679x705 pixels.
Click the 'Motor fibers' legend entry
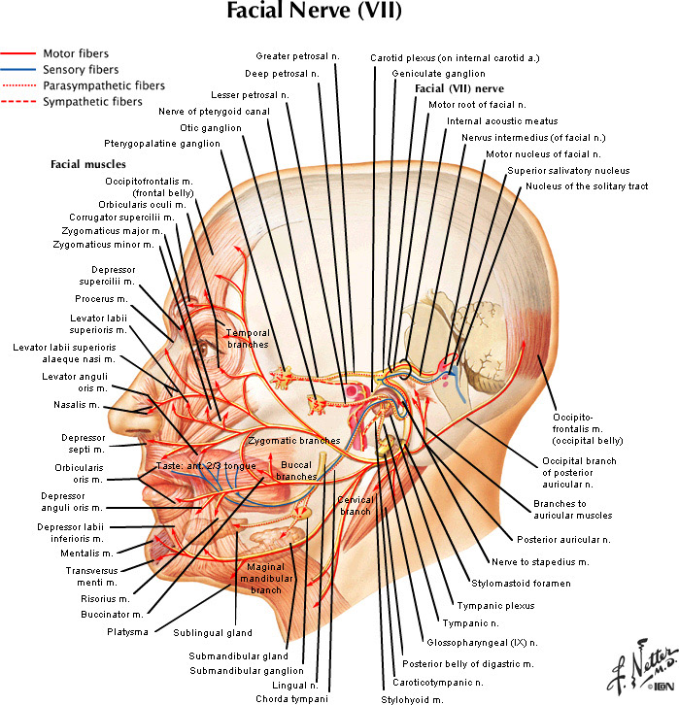pos(76,54)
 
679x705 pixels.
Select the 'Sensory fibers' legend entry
pos(81,70)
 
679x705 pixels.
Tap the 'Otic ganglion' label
pos(210,127)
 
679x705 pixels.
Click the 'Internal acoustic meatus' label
pos(502,121)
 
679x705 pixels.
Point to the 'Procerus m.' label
pos(102,298)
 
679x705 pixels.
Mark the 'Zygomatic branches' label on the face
pos(293,441)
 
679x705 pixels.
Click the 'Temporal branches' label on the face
pos(248,338)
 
